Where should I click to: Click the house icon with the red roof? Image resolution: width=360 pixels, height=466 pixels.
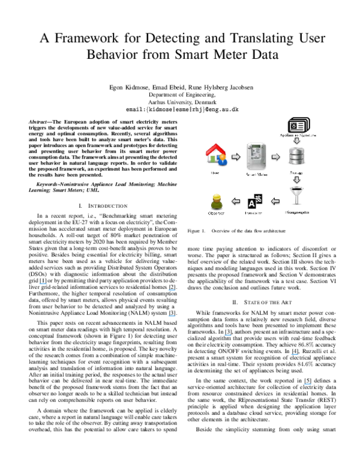click(216, 154)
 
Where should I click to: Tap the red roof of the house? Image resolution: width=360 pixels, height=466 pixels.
click(215, 148)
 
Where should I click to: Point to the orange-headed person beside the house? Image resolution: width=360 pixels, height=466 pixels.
click(222, 160)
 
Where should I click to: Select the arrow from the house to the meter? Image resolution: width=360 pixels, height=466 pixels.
click(236, 157)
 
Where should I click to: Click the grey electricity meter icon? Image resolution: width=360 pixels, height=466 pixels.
click(256, 156)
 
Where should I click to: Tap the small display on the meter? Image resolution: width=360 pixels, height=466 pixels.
click(256, 151)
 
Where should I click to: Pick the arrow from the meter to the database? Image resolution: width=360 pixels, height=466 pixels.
click(275, 157)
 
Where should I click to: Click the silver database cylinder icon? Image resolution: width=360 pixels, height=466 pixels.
click(297, 155)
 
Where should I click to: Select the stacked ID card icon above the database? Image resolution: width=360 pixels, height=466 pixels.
click(298, 126)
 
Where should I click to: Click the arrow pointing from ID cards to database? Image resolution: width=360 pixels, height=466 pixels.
click(297, 140)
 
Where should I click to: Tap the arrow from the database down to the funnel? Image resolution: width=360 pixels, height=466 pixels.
click(296, 180)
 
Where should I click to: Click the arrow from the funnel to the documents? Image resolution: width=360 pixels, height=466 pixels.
click(276, 201)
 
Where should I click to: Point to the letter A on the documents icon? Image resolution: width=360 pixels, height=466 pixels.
click(251, 204)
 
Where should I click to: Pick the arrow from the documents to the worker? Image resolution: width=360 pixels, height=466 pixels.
click(236, 201)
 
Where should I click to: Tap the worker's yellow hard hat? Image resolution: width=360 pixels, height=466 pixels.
click(217, 196)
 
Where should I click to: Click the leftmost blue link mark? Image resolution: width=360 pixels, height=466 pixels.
click(43, 283)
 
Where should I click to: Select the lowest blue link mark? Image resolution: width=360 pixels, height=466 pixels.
click(307, 384)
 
